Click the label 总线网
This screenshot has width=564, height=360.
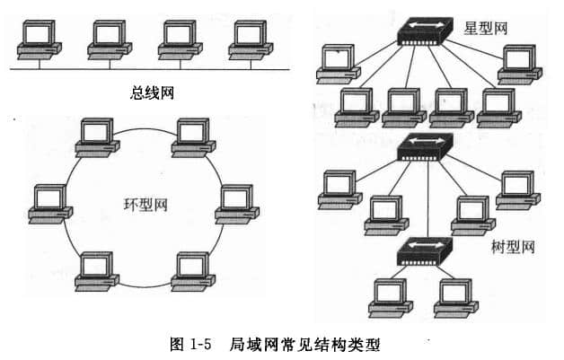[x=152, y=92]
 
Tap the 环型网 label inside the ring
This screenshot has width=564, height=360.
[x=145, y=205]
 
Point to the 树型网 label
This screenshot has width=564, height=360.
[x=512, y=245]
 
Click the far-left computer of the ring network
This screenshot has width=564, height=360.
[x=48, y=203]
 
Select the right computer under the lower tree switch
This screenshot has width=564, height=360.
[x=454, y=297]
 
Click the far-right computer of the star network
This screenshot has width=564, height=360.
[x=519, y=62]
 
